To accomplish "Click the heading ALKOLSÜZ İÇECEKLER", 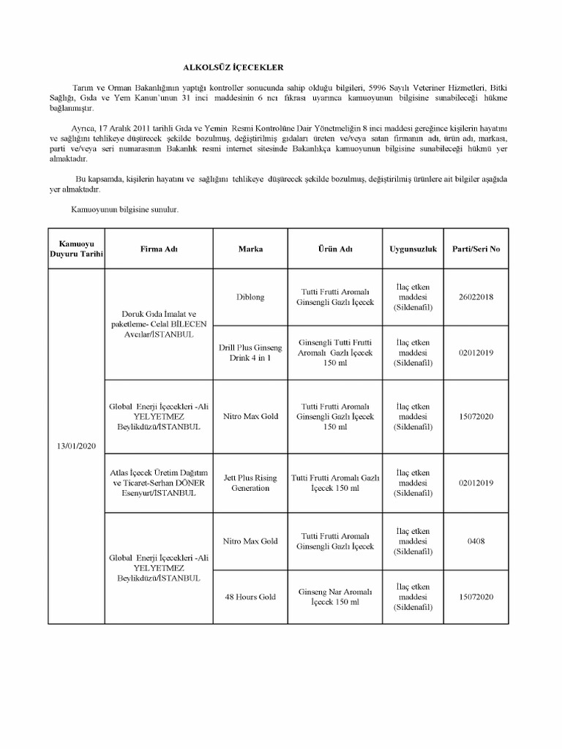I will point(233,65).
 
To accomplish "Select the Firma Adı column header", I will point(160,249).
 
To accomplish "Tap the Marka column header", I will point(250,249).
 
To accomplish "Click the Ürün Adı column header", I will point(335,249).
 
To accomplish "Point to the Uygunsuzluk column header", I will point(413,249).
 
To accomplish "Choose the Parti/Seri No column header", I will point(476,249).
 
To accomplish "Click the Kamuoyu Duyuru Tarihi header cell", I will point(76,249).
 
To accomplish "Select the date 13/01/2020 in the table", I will point(76,445).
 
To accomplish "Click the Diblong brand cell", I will point(250,297).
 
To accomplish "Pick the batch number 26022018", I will point(476,297).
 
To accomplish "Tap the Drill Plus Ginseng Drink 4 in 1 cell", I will point(250,353).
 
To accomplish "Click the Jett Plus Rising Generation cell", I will point(250,483).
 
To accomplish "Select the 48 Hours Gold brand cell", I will point(250,597).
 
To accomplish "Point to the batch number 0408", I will point(476,541).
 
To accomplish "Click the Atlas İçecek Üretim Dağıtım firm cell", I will point(160,483).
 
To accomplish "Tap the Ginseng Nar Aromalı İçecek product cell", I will point(335,597).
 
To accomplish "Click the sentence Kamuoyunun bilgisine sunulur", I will point(125,210).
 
